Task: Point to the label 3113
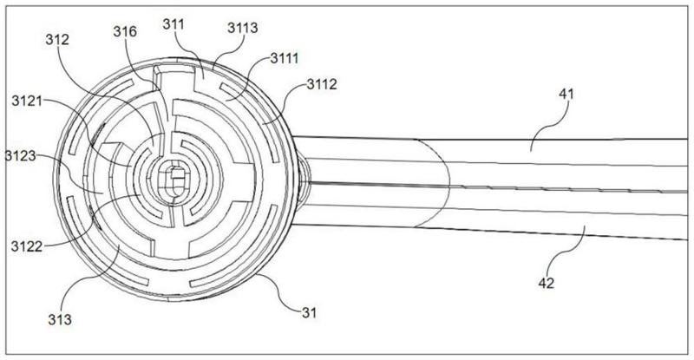coord(241,29)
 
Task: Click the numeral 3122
coord(27,245)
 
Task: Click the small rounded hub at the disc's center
coord(175,183)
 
